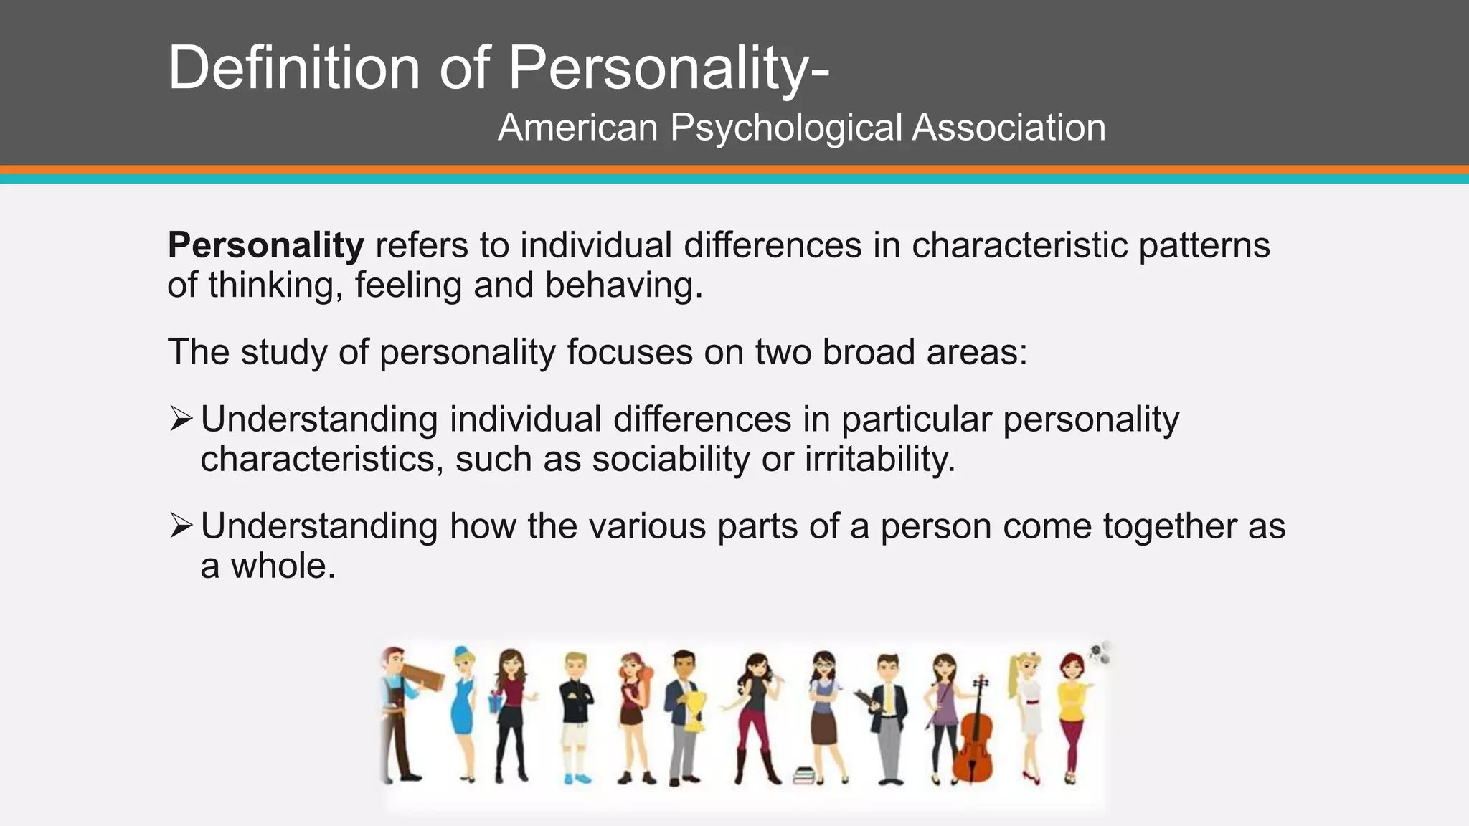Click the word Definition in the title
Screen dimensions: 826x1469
293,67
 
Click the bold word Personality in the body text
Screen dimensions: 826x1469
266,245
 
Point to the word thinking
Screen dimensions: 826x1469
271,286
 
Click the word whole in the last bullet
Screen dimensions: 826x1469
283,566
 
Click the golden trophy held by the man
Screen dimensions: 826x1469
694,710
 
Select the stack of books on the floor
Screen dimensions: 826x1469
803,775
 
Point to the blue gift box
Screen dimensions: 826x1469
495,702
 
